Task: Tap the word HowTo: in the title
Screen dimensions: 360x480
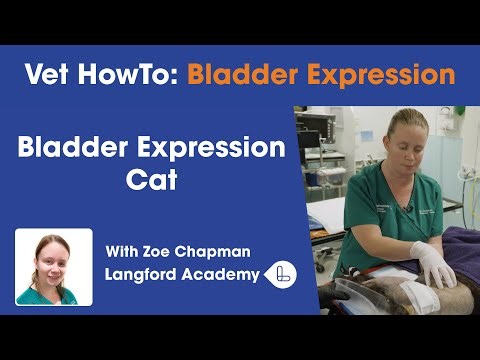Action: coord(128,74)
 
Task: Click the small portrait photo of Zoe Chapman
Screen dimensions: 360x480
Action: coord(54,266)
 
